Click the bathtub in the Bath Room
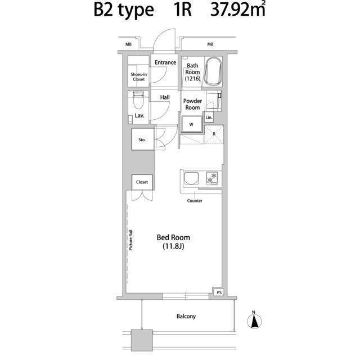(x=213, y=71)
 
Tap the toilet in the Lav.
(x=138, y=100)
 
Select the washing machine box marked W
(x=191, y=124)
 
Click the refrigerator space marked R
(x=214, y=134)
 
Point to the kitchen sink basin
(x=191, y=178)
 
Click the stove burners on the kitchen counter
(x=212, y=178)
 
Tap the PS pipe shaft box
(x=219, y=292)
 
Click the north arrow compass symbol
(x=254, y=320)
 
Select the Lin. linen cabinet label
(x=209, y=118)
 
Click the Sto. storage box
(x=142, y=139)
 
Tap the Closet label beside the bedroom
(x=142, y=182)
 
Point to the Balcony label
(x=186, y=316)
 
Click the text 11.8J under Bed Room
(x=173, y=246)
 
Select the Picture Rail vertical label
(x=130, y=240)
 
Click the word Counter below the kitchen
(x=195, y=201)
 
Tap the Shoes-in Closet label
(x=139, y=76)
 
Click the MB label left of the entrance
(x=129, y=44)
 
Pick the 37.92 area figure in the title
(x=231, y=10)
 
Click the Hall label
(x=165, y=97)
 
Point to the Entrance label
(x=165, y=62)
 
